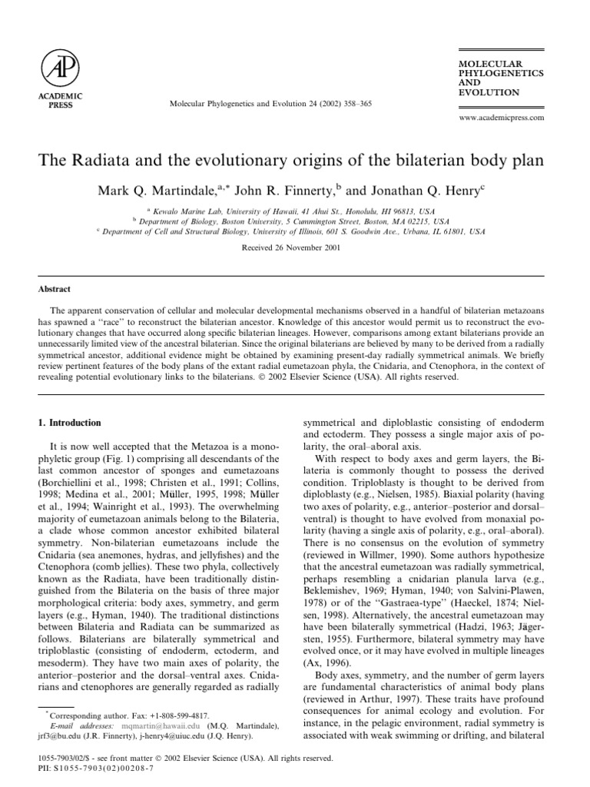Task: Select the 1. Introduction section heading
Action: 70,423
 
